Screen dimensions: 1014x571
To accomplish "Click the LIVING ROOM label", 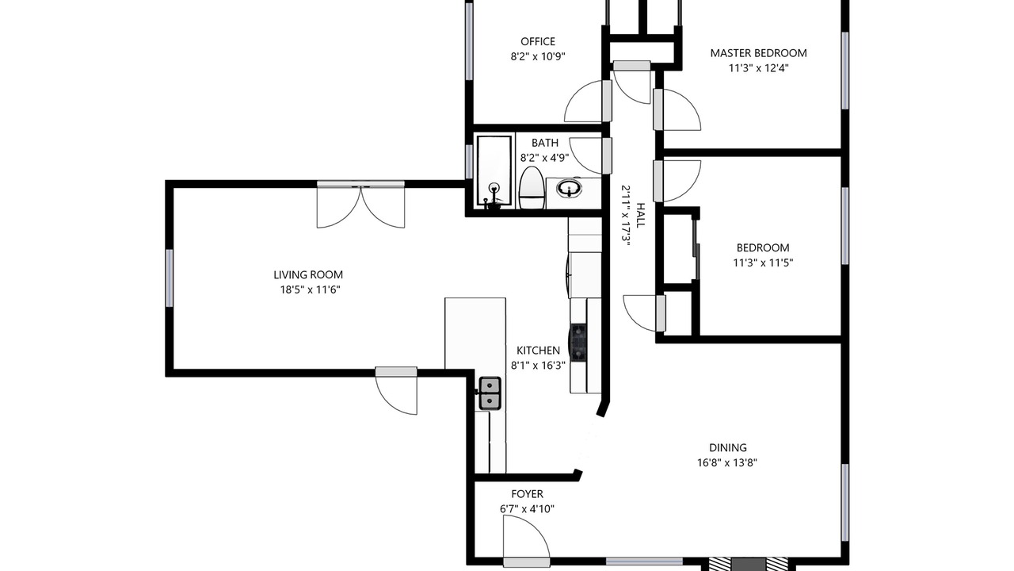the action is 308,274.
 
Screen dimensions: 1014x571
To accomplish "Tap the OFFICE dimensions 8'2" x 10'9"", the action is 538,56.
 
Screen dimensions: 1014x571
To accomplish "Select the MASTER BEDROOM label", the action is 758,53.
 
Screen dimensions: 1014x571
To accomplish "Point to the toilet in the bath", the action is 531,188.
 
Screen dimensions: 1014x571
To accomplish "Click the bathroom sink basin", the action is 569,188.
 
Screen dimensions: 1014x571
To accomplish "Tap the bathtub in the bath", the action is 494,172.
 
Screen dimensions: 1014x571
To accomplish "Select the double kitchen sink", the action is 490,393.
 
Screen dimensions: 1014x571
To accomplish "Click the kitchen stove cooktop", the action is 578,343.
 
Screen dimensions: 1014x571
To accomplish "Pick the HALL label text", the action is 640,215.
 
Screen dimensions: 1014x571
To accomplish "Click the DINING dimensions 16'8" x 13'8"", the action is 727,462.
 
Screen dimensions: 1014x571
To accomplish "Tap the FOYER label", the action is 527,494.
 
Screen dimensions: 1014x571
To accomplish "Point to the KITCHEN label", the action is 538,351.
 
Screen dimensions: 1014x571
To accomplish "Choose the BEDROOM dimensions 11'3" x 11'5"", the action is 763,263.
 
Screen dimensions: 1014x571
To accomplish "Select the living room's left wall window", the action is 170,278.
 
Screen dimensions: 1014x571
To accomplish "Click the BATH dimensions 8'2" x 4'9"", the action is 544,158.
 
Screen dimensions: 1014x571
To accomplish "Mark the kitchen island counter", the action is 475,334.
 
